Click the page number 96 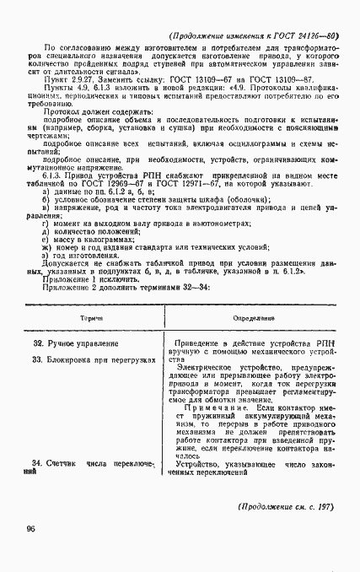[31, 529]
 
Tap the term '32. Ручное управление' [77, 343]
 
